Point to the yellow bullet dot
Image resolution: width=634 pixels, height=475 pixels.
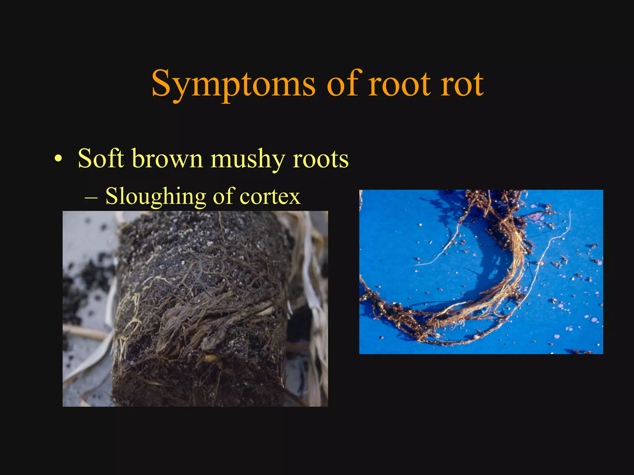click(58, 160)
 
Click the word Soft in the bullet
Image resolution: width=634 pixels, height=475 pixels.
click(101, 159)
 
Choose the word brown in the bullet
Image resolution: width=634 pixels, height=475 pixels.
click(167, 159)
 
